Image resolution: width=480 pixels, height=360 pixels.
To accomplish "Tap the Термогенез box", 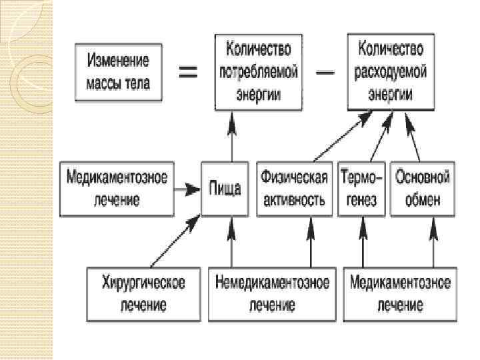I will (362, 189).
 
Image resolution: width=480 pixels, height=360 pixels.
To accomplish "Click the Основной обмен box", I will (422, 189).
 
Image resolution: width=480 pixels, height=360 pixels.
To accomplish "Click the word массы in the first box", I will (104, 84).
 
